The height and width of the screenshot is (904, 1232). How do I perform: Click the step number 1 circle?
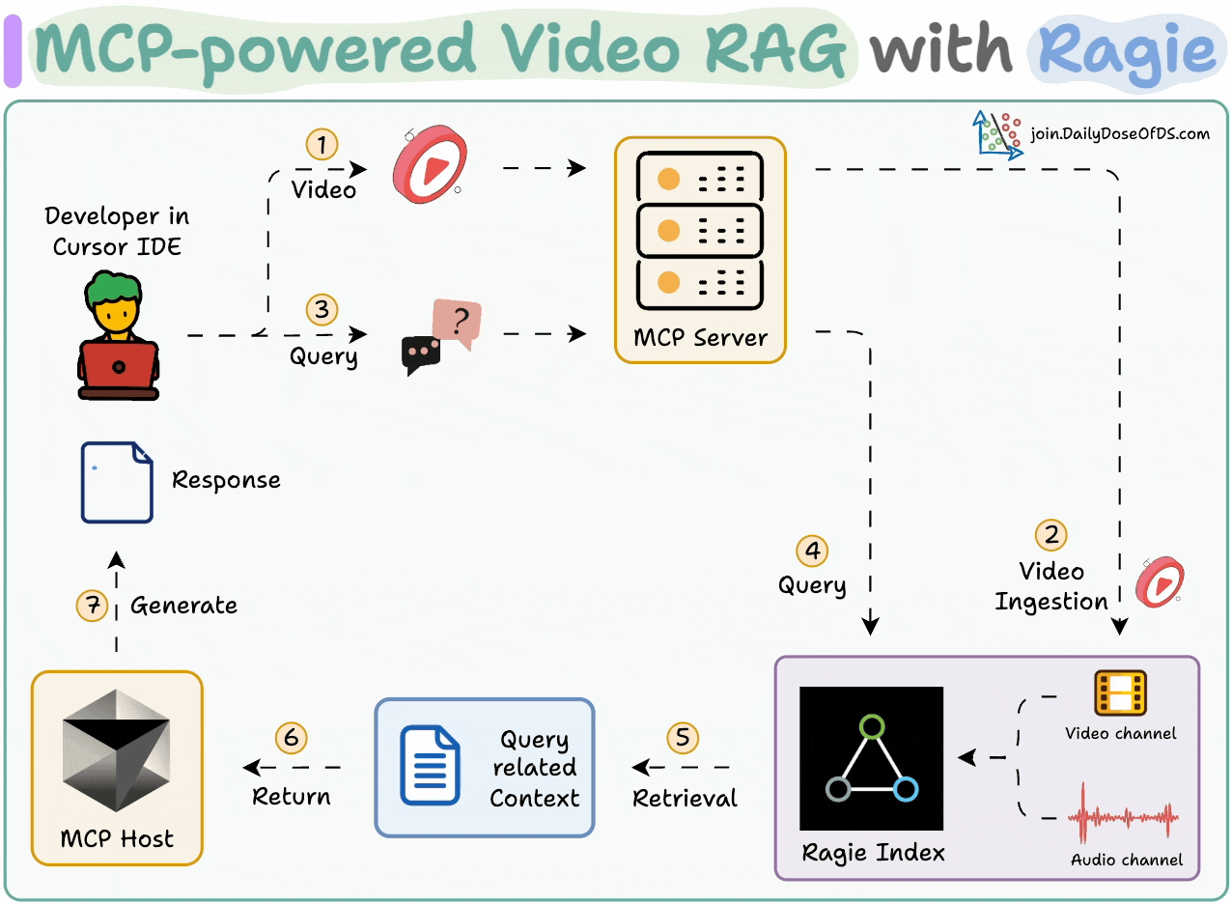(x=322, y=145)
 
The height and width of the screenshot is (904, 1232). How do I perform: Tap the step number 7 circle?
(x=93, y=606)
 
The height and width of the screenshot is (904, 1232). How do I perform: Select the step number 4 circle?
(x=813, y=551)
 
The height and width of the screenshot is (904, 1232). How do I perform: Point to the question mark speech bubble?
(x=458, y=323)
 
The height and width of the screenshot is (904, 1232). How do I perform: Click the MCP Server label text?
(x=700, y=338)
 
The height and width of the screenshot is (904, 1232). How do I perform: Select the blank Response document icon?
(x=117, y=481)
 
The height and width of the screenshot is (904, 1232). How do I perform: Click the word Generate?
(x=183, y=606)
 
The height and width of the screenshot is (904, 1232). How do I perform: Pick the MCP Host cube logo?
(x=117, y=750)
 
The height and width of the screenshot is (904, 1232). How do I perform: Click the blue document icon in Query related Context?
(x=430, y=766)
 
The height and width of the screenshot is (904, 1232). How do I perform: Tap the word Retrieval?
(x=685, y=798)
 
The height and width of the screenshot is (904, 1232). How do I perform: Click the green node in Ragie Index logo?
(x=871, y=725)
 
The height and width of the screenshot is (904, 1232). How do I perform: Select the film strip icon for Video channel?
(x=1120, y=693)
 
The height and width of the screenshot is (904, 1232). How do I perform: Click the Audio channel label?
(x=1127, y=860)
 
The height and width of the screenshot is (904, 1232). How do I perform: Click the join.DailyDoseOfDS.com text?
(x=1120, y=134)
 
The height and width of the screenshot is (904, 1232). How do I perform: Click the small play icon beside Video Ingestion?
(x=1160, y=581)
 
